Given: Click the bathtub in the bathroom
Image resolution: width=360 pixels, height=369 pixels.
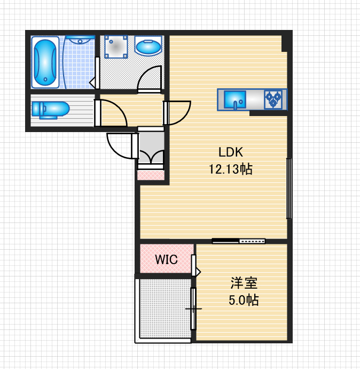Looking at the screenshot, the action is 45,62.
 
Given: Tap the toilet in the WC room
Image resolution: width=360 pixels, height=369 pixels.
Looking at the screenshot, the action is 50,110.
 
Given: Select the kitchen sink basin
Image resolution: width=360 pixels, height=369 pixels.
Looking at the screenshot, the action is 235,99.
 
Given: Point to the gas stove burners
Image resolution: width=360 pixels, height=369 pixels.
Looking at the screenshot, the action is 273,99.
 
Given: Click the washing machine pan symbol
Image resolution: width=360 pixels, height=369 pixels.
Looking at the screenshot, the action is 116,47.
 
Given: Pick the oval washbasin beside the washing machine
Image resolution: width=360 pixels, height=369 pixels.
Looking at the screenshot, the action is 148,46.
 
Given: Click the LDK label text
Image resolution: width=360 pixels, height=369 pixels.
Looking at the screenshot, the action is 231,152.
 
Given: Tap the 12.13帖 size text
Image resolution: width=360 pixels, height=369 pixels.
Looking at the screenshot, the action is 231,169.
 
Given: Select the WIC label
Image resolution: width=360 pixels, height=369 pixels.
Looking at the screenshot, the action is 166,259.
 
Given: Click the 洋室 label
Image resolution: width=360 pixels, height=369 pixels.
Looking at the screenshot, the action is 244,283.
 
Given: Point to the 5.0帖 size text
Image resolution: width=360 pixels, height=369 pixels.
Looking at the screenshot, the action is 244,300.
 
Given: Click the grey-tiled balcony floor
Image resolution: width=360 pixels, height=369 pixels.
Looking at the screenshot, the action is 165,308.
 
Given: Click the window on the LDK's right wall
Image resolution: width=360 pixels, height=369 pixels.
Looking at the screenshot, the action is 289,188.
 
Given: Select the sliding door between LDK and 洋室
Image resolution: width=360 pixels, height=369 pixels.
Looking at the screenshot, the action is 239,241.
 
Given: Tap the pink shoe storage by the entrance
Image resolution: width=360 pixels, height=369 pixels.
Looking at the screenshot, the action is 151,175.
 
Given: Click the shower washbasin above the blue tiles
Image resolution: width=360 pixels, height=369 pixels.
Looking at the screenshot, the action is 80,40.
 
